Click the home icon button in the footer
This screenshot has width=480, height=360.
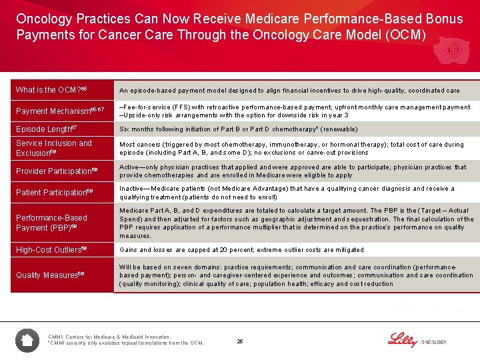(x=27, y=341)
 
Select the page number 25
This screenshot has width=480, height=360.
(x=239, y=342)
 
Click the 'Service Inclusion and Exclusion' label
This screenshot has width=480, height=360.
(x=54, y=148)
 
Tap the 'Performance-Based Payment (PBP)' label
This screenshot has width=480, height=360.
(x=52, y=223)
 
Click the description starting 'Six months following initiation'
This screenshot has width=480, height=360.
(x=238, y=129)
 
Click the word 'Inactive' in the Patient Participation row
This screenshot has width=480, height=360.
(x=133, y=189)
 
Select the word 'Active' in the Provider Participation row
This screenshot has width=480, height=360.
(x=130, y=167)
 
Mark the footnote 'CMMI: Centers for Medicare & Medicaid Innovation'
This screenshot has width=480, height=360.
(x=109, y=337)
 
